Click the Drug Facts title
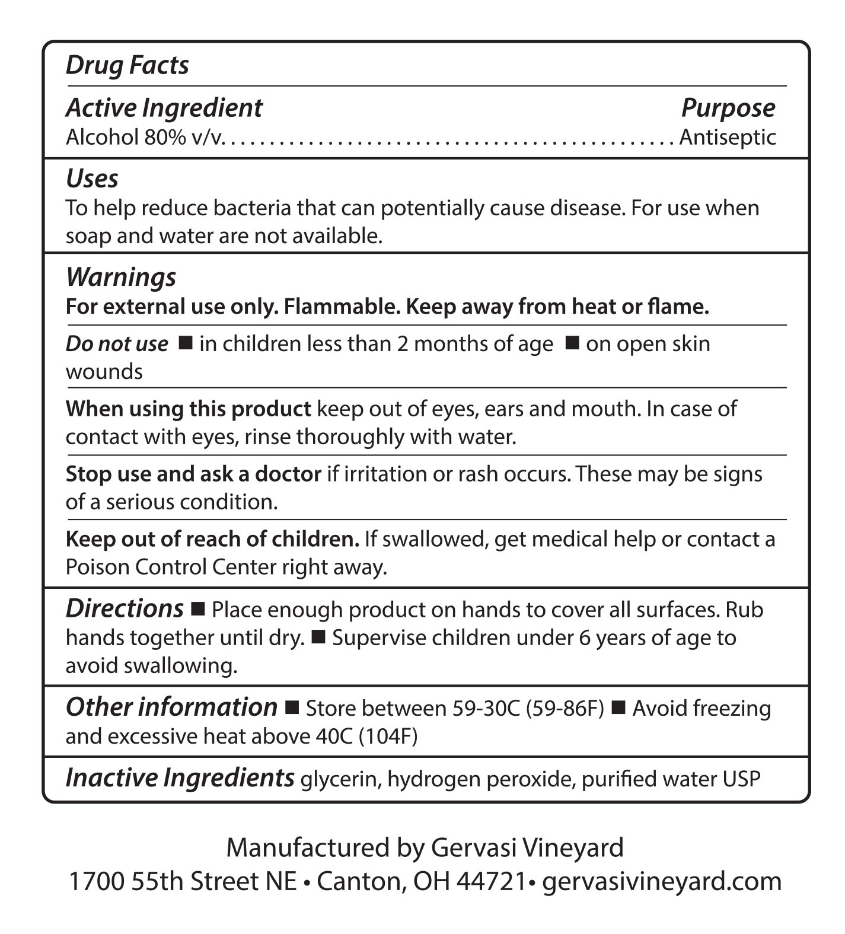pyautogui.click(x=127, y=65)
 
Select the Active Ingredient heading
pyautogui.click(x=164, y=108)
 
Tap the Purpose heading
pyautogui.click(x=728, y=108)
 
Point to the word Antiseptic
pyautogui.click(x=727, y=138)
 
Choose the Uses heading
pyautogui.click(x=92, y=178)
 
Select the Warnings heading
pyautogui.click(x=121, y=277)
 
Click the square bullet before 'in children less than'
pyautogui.click(x=186, y=343)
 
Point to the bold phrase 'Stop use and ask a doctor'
pyautogui.click(x=193, y=474)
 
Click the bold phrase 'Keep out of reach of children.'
pyautogui.click(x=212, y=539)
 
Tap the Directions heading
pyautogui.click(x=125, y=609)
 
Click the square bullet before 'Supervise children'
pyautogui.click(x=318, y=637)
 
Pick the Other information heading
pyautogui.click(x=171, y=707)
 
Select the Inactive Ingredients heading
pyautogui.click(x=180, y=778)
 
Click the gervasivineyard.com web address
pyautogui.click(x=662, y=882)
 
